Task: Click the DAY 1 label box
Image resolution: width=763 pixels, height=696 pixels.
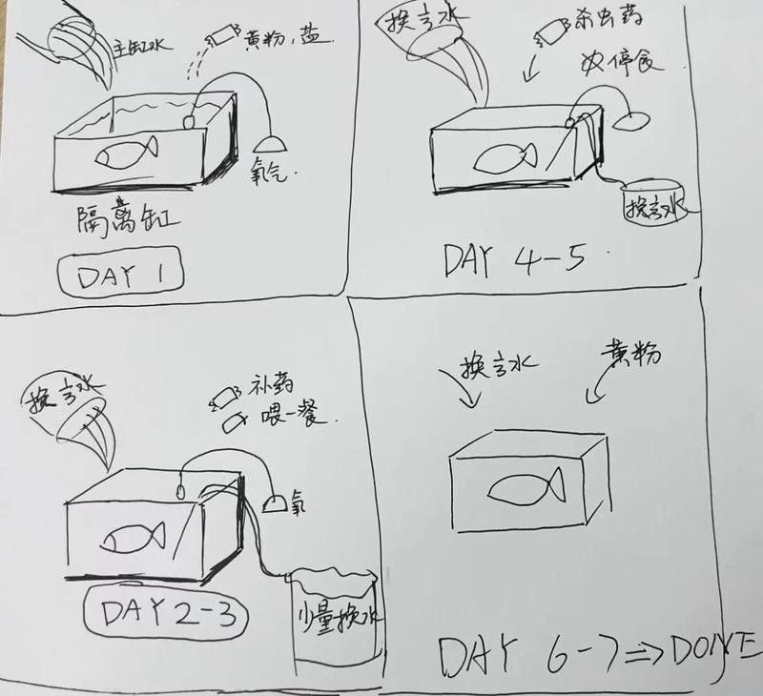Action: click(120, 276)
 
